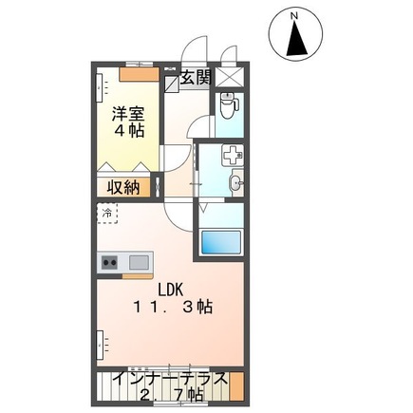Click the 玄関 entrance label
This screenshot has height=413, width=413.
click(x=196, y=78)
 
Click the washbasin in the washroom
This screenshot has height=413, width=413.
click(x=235, y=182)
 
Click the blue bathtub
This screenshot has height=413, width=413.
click(x=223, y=241)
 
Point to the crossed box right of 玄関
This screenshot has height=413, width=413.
click(x=229, y=78)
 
